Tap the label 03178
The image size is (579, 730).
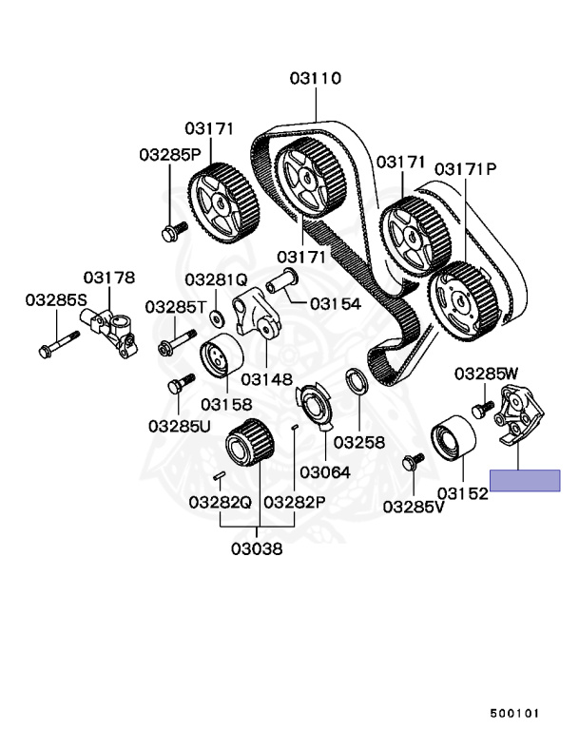click(108, 278)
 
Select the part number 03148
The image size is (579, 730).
click(266, 378)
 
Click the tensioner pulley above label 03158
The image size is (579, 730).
click(222, 358)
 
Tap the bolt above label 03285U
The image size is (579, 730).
click(174, 385)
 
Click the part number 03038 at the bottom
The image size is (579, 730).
click(257, 548)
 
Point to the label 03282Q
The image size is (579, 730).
click(220, 501)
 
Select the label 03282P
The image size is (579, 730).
click(295, 501)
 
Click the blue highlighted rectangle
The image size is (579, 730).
click(525, 480)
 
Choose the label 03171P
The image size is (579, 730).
click(466, 168)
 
